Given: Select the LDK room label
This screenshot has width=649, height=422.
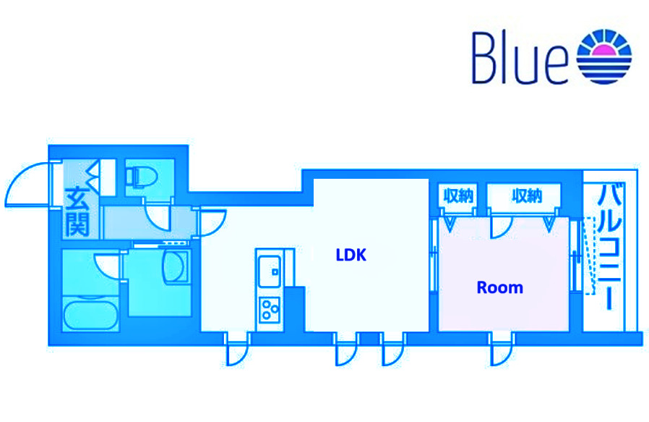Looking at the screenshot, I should [x=351, y=255].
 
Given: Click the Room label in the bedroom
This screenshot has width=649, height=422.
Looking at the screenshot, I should [x=499, y=287].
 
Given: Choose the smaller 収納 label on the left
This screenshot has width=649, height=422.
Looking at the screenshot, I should [x=457, y=195].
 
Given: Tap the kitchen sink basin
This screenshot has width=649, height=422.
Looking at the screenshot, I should [x=267, y=271].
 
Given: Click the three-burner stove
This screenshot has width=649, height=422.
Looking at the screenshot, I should [x=270, y=309].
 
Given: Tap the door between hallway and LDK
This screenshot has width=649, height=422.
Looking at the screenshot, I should [x=212, y=220].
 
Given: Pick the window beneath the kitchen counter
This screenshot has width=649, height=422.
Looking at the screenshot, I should [x=237, y=350].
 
